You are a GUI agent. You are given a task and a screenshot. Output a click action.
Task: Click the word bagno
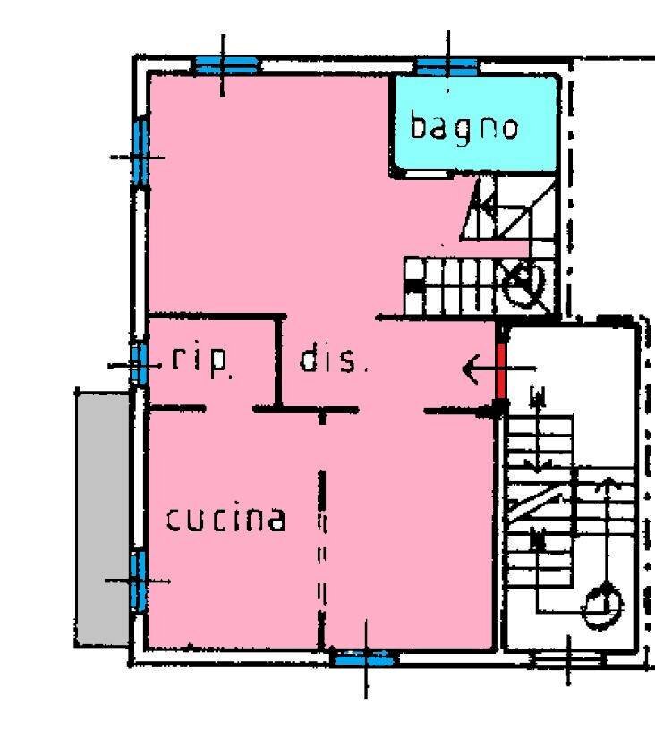click(464, 128)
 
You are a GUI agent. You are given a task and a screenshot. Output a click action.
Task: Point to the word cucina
click(226, 519)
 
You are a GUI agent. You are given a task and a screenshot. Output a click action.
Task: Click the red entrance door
click(501, 370)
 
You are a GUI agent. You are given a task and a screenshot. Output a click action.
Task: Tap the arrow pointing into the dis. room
click(499, 369)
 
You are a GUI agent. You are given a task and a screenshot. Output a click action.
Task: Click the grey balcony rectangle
click(103, 519)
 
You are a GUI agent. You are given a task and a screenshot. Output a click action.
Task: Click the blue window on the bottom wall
click(364, 659)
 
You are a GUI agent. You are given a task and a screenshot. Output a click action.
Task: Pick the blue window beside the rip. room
click(139, 364)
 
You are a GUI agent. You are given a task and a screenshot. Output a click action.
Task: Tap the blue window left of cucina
click(138, 581)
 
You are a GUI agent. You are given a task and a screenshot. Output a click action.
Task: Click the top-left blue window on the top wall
click(226, 64)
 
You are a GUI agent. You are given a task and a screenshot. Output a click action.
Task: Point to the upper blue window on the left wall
click(140, 151)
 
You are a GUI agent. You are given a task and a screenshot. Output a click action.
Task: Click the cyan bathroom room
click(474, 123)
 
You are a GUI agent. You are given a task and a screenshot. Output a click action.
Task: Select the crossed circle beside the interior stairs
click(523, 285)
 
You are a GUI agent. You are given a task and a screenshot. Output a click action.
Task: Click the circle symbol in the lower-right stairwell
click(602, 606)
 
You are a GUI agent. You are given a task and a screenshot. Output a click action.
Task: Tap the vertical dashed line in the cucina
click(322, 559)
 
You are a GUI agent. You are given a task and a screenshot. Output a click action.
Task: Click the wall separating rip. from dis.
click(279, 362)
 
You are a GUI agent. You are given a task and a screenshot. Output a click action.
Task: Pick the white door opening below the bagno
click(427, 174)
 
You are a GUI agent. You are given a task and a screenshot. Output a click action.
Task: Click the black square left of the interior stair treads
click(415, 287)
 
